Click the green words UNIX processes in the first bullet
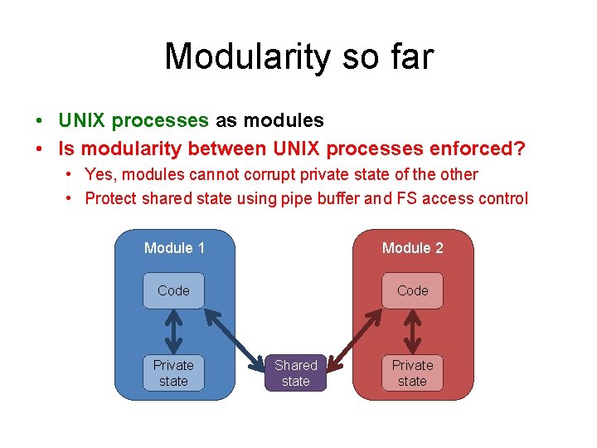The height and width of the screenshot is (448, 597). (133, 120)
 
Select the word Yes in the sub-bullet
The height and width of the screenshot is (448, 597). (98, 175)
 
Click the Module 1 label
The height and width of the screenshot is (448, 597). (174, 248)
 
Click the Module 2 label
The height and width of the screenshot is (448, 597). (412, 248)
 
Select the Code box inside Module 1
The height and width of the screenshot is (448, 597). (173, 290)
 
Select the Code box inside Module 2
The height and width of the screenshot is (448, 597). (412, 290)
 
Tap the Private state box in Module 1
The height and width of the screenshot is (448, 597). (173, 373)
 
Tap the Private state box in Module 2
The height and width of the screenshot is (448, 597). (412, 373)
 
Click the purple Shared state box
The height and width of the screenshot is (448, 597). (296, 373)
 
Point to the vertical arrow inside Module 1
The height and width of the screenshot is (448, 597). (173, 332)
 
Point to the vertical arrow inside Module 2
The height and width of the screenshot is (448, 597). (412, 332)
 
